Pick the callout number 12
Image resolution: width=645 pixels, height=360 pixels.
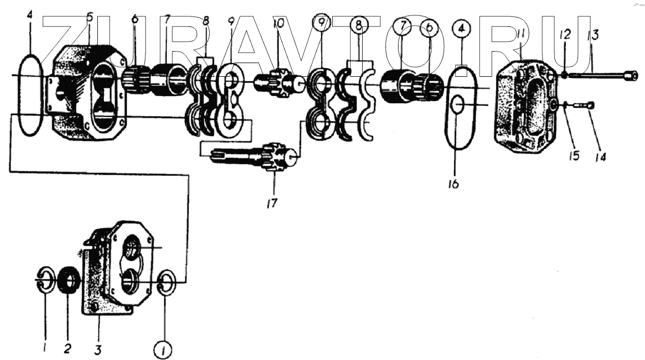pos(565,34)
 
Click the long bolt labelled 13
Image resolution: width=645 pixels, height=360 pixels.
pos(604,76)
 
